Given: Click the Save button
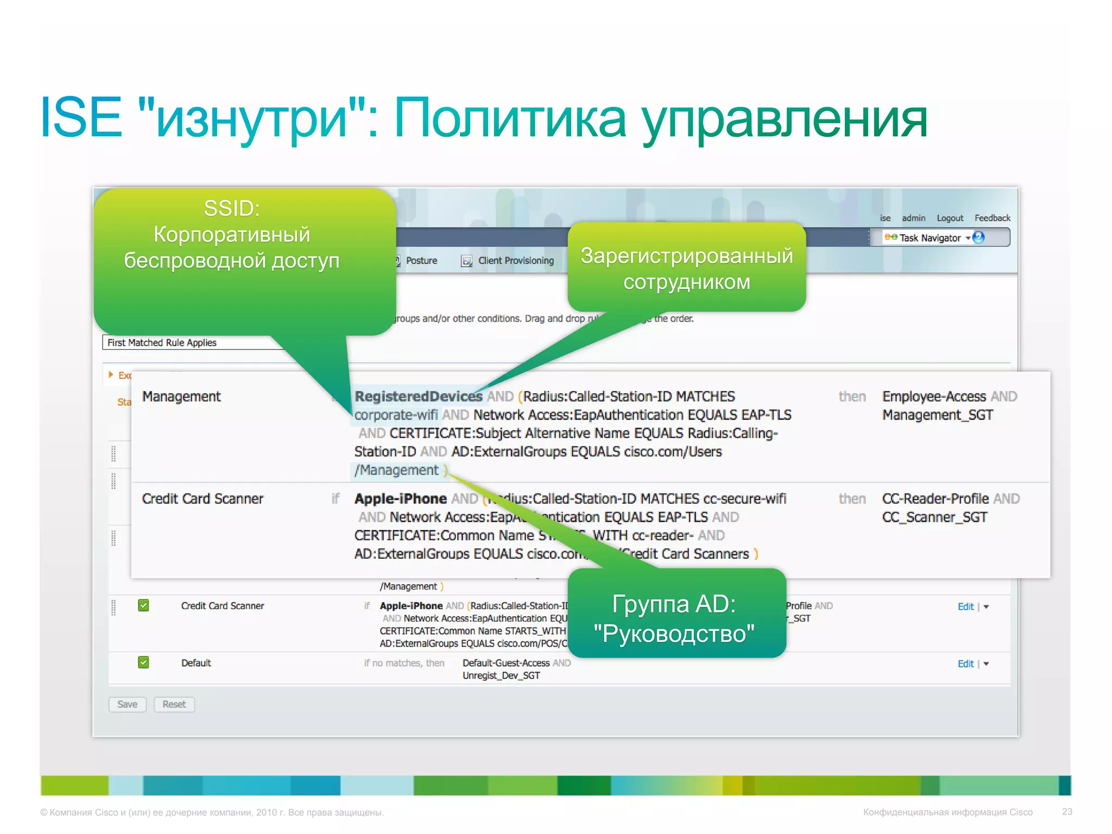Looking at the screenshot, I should tap(127, 704).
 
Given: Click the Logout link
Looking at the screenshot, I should tap(950, 218).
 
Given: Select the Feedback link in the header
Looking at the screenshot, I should tap(992, 218).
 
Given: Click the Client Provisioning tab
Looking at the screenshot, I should tap(515, 261).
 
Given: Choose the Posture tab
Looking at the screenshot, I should tap(421, 261).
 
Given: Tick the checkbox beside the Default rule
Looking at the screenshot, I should tap(143, 662).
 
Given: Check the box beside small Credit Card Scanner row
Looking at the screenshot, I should tap(143, 605).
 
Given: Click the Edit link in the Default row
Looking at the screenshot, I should tap(965, 664).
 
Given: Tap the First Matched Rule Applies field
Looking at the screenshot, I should tap(190, 343).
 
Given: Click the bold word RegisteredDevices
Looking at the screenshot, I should tap(418, 396).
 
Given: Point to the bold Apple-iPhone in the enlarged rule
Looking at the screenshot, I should tap(400, 498).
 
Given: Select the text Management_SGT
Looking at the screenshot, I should tap(937, 415).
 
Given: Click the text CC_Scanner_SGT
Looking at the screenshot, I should tap(934, 517).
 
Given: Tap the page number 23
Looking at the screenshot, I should tap(1067, 812).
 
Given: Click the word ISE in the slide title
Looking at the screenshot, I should tap(81, 117).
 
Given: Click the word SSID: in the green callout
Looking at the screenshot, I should tap(232, 208).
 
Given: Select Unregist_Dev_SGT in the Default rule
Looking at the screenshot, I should tap(501, 675).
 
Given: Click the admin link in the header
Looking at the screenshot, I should tap(913, 218).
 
